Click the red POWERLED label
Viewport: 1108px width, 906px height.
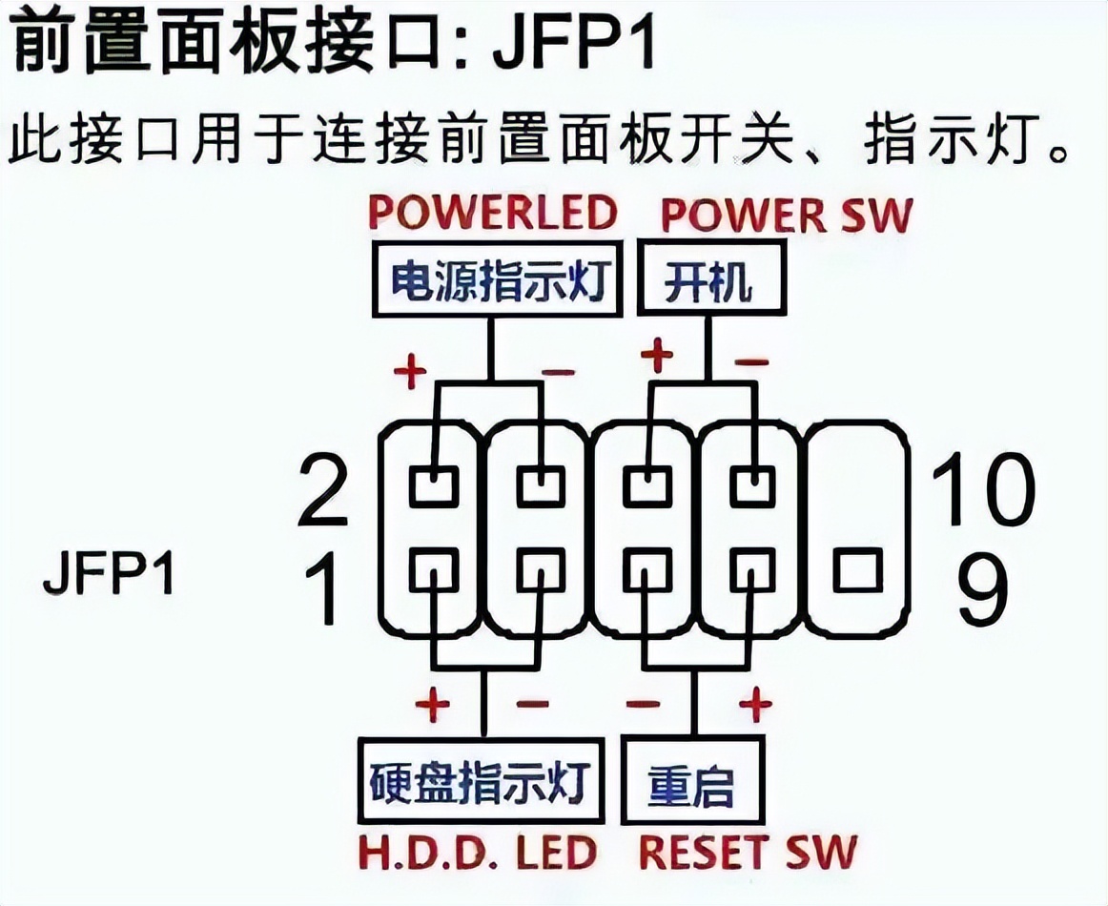coord(492,213)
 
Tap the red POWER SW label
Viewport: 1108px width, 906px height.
coord(787,215)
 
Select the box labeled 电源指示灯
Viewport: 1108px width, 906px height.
coord(498,280)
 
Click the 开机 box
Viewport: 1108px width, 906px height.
coord(711,280)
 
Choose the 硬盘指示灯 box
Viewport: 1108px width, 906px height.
coord(481,781)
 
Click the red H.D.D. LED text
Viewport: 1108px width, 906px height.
coord(478,852)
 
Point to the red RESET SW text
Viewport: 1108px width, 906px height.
coord(748,852)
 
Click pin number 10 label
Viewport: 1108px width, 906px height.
coord(982,488)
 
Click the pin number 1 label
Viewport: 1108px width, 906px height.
coord(325,587)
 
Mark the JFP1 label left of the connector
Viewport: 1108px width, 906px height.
coord(110,575)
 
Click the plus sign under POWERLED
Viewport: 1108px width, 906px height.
coord(409,372)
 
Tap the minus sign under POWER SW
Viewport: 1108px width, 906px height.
coord(752,362)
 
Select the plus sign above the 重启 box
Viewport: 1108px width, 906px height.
coord(755,705)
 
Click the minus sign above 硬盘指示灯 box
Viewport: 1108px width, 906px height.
coord(532,705)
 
